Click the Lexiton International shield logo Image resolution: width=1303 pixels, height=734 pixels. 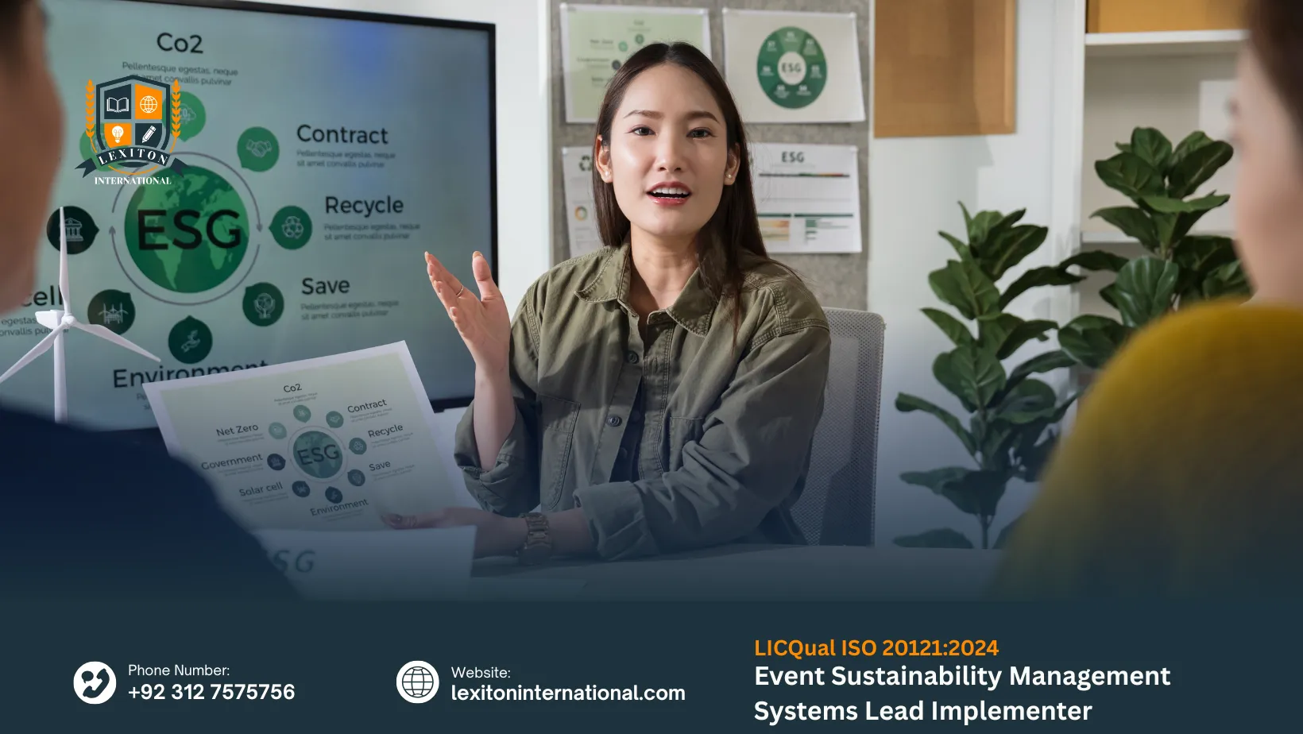click(x=133, y=127)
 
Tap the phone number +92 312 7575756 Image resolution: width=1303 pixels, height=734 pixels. click(x=211, y=692)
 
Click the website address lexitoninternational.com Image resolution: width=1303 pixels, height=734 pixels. click(x=568, y=693)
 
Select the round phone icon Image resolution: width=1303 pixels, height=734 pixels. click(x=95, y=682)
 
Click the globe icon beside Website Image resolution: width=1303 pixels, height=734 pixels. click(x=418, y=682)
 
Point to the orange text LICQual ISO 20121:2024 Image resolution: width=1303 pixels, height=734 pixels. click(x=876, y=648)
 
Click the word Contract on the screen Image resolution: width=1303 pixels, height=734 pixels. click(x=342, y=135)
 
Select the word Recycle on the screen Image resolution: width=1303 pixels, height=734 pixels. click(x=364, y=206)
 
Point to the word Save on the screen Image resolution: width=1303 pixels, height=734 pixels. click(x=325, y=286)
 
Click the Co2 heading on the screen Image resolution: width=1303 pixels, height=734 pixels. click(x=180, y=43)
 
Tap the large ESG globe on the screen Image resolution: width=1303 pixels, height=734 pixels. click(x=189, y=230)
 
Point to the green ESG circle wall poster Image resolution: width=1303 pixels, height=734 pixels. click(x=791, y=68)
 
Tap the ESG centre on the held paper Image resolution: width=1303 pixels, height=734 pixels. click(x=318, y=454)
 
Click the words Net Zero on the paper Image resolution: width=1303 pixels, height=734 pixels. click(x=237, y=431)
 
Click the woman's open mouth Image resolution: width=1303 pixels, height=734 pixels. click(x=669, y=193)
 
